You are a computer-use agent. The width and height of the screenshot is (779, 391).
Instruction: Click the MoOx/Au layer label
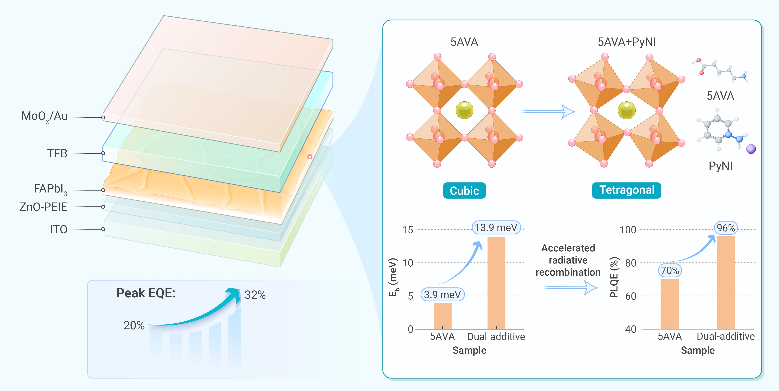tap(44, 116)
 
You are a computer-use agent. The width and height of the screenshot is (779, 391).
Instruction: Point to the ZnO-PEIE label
tap(43, 207)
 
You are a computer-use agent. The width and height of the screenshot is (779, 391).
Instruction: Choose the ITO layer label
tap(59, 229)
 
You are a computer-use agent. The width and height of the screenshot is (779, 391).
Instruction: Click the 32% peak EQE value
tap(255, 295)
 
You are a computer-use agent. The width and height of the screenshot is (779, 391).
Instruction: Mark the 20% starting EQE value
tap(134, 326)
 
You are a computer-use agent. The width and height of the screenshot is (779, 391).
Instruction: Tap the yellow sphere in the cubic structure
tap(464, 110)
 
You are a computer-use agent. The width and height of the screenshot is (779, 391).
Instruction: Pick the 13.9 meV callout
tap(496, 228)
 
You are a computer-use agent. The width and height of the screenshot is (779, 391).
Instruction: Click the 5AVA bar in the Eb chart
tap(442, 316)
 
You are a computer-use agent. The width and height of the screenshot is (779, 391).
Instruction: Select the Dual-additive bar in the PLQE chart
tap(726, 282)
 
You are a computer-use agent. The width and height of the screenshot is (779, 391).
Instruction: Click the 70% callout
tap(670, 270)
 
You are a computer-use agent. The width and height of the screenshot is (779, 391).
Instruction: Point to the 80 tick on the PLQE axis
tap(630, 263)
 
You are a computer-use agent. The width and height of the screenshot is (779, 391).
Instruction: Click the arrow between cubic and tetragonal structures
tap(547, 111)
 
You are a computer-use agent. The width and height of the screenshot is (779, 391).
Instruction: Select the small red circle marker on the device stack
tap(310, 157)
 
